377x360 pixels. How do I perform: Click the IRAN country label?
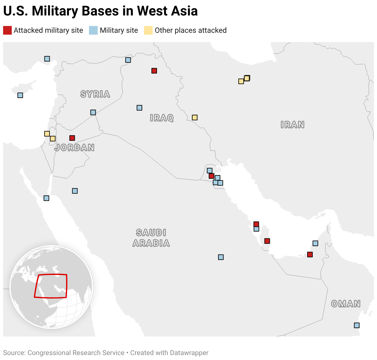292,125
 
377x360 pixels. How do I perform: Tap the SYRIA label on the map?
95,94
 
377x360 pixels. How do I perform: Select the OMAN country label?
346,304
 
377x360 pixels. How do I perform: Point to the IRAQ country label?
162,118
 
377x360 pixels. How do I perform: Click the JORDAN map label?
74,148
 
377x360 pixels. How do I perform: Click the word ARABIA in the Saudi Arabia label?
151,243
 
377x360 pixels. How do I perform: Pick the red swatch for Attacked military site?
7,30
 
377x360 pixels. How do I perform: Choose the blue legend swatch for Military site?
93,30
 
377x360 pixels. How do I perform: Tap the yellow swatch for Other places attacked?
148,30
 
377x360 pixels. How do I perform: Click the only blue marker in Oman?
357,325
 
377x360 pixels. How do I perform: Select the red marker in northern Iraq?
154,71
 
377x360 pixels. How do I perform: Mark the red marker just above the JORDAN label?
72,138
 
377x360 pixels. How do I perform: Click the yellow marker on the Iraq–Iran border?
195,118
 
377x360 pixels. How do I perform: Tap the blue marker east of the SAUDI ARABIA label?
221,257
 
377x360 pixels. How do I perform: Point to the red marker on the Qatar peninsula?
267,241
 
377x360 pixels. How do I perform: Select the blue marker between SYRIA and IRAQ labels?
139,108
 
